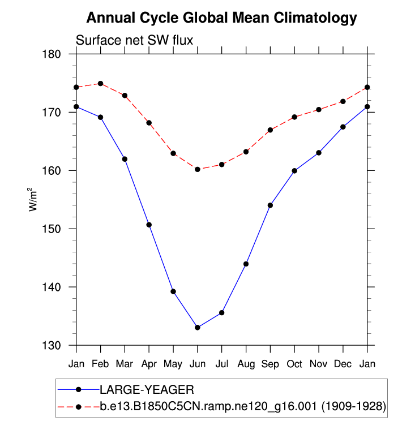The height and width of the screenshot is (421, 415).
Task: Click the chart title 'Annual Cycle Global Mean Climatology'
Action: point(222,18)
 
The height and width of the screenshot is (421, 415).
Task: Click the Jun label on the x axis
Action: point(198,363)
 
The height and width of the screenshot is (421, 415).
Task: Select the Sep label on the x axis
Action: point(270,363)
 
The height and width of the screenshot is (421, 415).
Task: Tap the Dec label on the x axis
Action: point(343,363)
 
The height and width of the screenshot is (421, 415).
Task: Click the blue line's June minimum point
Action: point(198,328)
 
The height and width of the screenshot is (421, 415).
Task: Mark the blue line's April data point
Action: point(149,225)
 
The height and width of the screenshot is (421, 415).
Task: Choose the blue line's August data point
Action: point(246,264)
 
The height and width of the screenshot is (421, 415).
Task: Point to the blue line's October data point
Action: point(294,170)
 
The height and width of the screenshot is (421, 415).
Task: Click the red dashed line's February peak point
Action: point(100,83)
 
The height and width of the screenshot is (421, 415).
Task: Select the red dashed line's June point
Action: point(198,169)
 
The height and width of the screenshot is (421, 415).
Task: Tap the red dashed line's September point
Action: point(270,130)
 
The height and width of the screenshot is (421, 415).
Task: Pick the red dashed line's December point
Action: point(343,101)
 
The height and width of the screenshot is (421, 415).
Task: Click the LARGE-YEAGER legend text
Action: point(147,389)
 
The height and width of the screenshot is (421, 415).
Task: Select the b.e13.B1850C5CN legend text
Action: point(243,406)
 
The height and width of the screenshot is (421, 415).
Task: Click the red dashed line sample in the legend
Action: point(79,406)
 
